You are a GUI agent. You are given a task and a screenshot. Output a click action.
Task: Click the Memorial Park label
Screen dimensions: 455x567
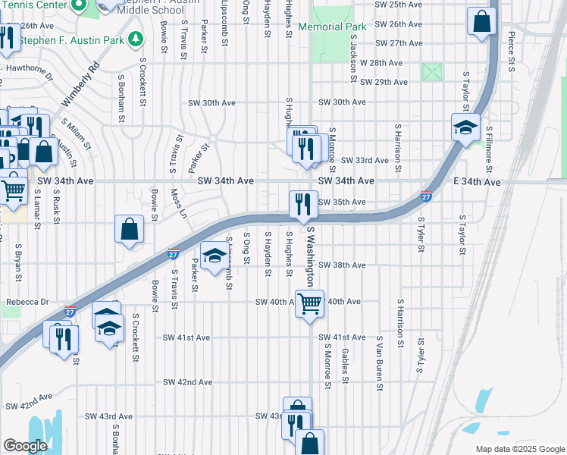point(332,27)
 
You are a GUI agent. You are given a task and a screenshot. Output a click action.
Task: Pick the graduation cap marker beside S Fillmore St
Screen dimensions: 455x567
point(465,127)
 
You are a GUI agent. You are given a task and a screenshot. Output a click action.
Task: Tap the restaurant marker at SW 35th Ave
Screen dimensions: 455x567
point(302,203)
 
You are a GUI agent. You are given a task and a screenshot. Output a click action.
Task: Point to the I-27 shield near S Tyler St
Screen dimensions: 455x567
point(428,196)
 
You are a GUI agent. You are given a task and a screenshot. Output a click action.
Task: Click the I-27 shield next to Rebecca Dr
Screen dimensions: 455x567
point(70,312)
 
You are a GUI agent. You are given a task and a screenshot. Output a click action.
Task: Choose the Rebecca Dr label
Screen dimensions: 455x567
point(27,302)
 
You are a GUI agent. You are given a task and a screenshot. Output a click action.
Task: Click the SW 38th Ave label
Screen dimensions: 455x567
point(342,265)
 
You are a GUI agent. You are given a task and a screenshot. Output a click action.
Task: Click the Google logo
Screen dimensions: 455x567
point(26,446)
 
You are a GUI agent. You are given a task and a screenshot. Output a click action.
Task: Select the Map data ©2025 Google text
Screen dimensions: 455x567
point(519,449)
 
